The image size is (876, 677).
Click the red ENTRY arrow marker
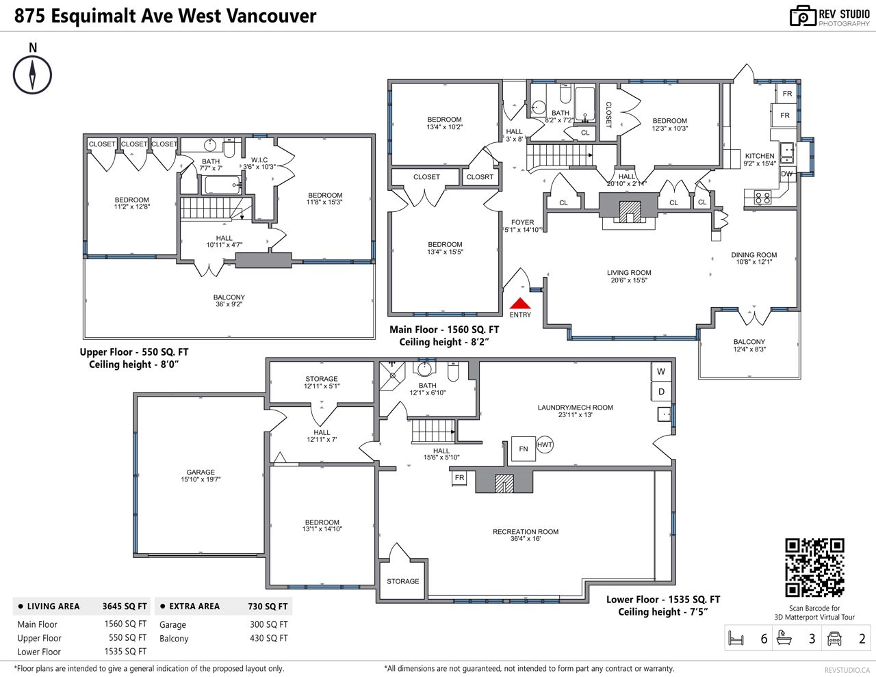(x=520, y=303)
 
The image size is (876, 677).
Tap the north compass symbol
(x=32, y=75)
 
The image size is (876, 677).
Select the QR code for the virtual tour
(x=814, y=568)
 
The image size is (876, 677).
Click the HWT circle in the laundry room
(x=545, y=444)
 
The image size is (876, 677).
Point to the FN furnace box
(x=524, y=449)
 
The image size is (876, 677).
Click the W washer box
(x=661, y=372)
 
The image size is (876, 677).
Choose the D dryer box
(x=661, y=391)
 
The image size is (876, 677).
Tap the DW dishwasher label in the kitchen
(x=786, y=174)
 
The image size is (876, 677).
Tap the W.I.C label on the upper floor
(x=259, y=160)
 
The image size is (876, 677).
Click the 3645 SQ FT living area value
(x=125, y=606)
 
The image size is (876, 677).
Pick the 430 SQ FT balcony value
(x=269, y=638)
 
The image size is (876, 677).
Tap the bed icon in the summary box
(x=736, y=638)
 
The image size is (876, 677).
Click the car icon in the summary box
(x=834, y=638)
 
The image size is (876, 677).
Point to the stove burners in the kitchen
(x=762, y=198)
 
